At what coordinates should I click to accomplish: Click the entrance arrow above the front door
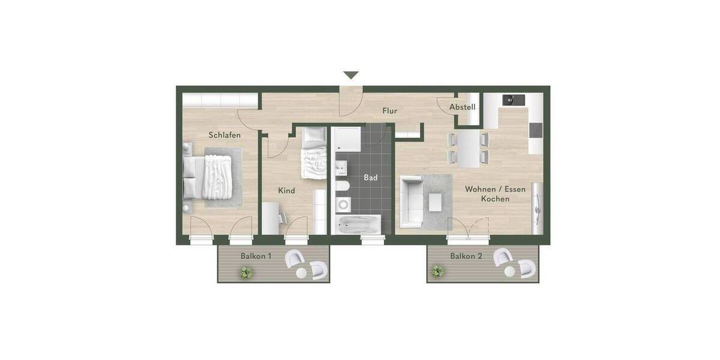point(351,76)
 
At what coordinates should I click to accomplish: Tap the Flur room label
point(390,111)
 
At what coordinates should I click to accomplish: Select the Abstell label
point(463,107)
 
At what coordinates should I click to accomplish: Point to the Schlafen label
point(224,135)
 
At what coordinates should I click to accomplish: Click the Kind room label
point(287,191)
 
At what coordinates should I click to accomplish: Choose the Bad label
point(370,178)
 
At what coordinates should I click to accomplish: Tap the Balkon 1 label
point(256,256)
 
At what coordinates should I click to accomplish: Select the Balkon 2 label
point(466,256)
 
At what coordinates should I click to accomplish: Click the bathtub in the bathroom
point(358,225)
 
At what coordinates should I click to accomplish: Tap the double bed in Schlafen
point(216,178)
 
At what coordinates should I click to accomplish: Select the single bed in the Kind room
point(312,154)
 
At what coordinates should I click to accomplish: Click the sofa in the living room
point(411,202)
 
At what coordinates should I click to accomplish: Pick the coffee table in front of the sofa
point(436,203)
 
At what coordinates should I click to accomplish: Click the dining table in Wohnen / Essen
point(469,149)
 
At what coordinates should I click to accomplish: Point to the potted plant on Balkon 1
point(245,273)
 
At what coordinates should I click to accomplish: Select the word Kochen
point(495,199)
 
